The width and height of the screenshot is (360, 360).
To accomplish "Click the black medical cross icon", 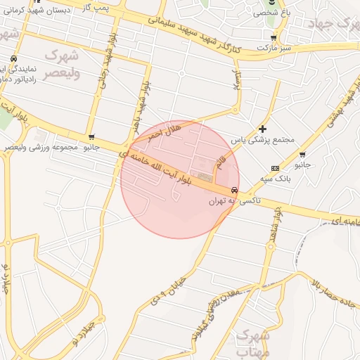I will point(263,129).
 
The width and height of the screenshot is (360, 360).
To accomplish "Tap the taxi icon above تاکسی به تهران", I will point(233,190).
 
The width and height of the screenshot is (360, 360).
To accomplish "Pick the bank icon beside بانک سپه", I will point(274,168).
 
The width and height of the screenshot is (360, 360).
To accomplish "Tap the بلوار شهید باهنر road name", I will point(146,103).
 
